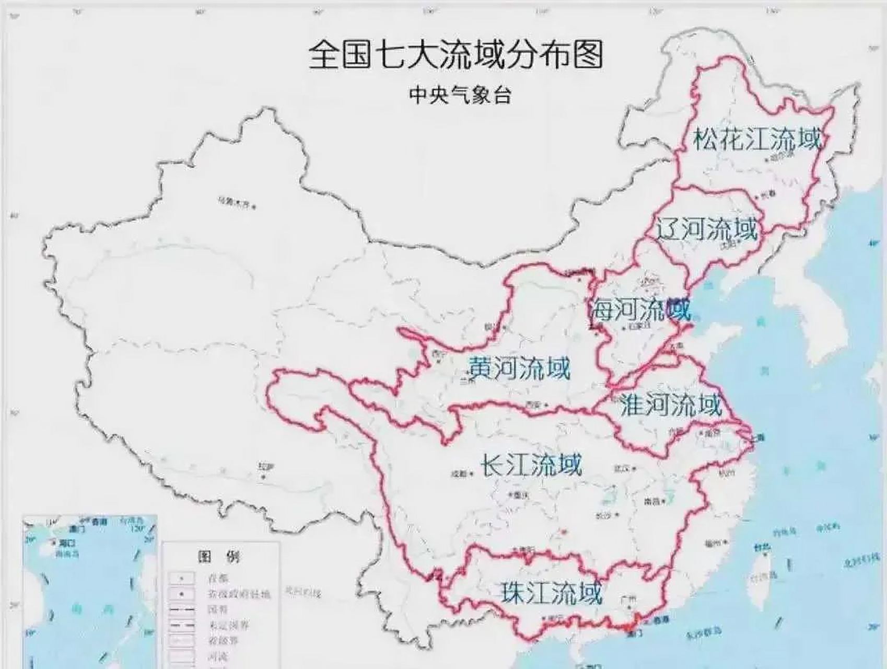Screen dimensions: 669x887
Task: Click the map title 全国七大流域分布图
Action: click(x=456, y=55)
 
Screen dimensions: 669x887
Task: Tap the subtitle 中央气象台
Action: click(x=460, y=95)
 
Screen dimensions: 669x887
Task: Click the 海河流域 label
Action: click(x=640, y=310)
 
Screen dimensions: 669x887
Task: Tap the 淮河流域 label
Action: click(x=671, y=405)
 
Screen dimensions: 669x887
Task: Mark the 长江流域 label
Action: click(x=530, y=464)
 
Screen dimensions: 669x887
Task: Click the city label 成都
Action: click(x=459, y=474)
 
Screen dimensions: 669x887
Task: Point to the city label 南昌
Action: click(x=651, y=501)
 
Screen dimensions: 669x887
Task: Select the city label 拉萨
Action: click(x=266, y=466)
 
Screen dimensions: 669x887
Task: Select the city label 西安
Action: click(x=533, y=403)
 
